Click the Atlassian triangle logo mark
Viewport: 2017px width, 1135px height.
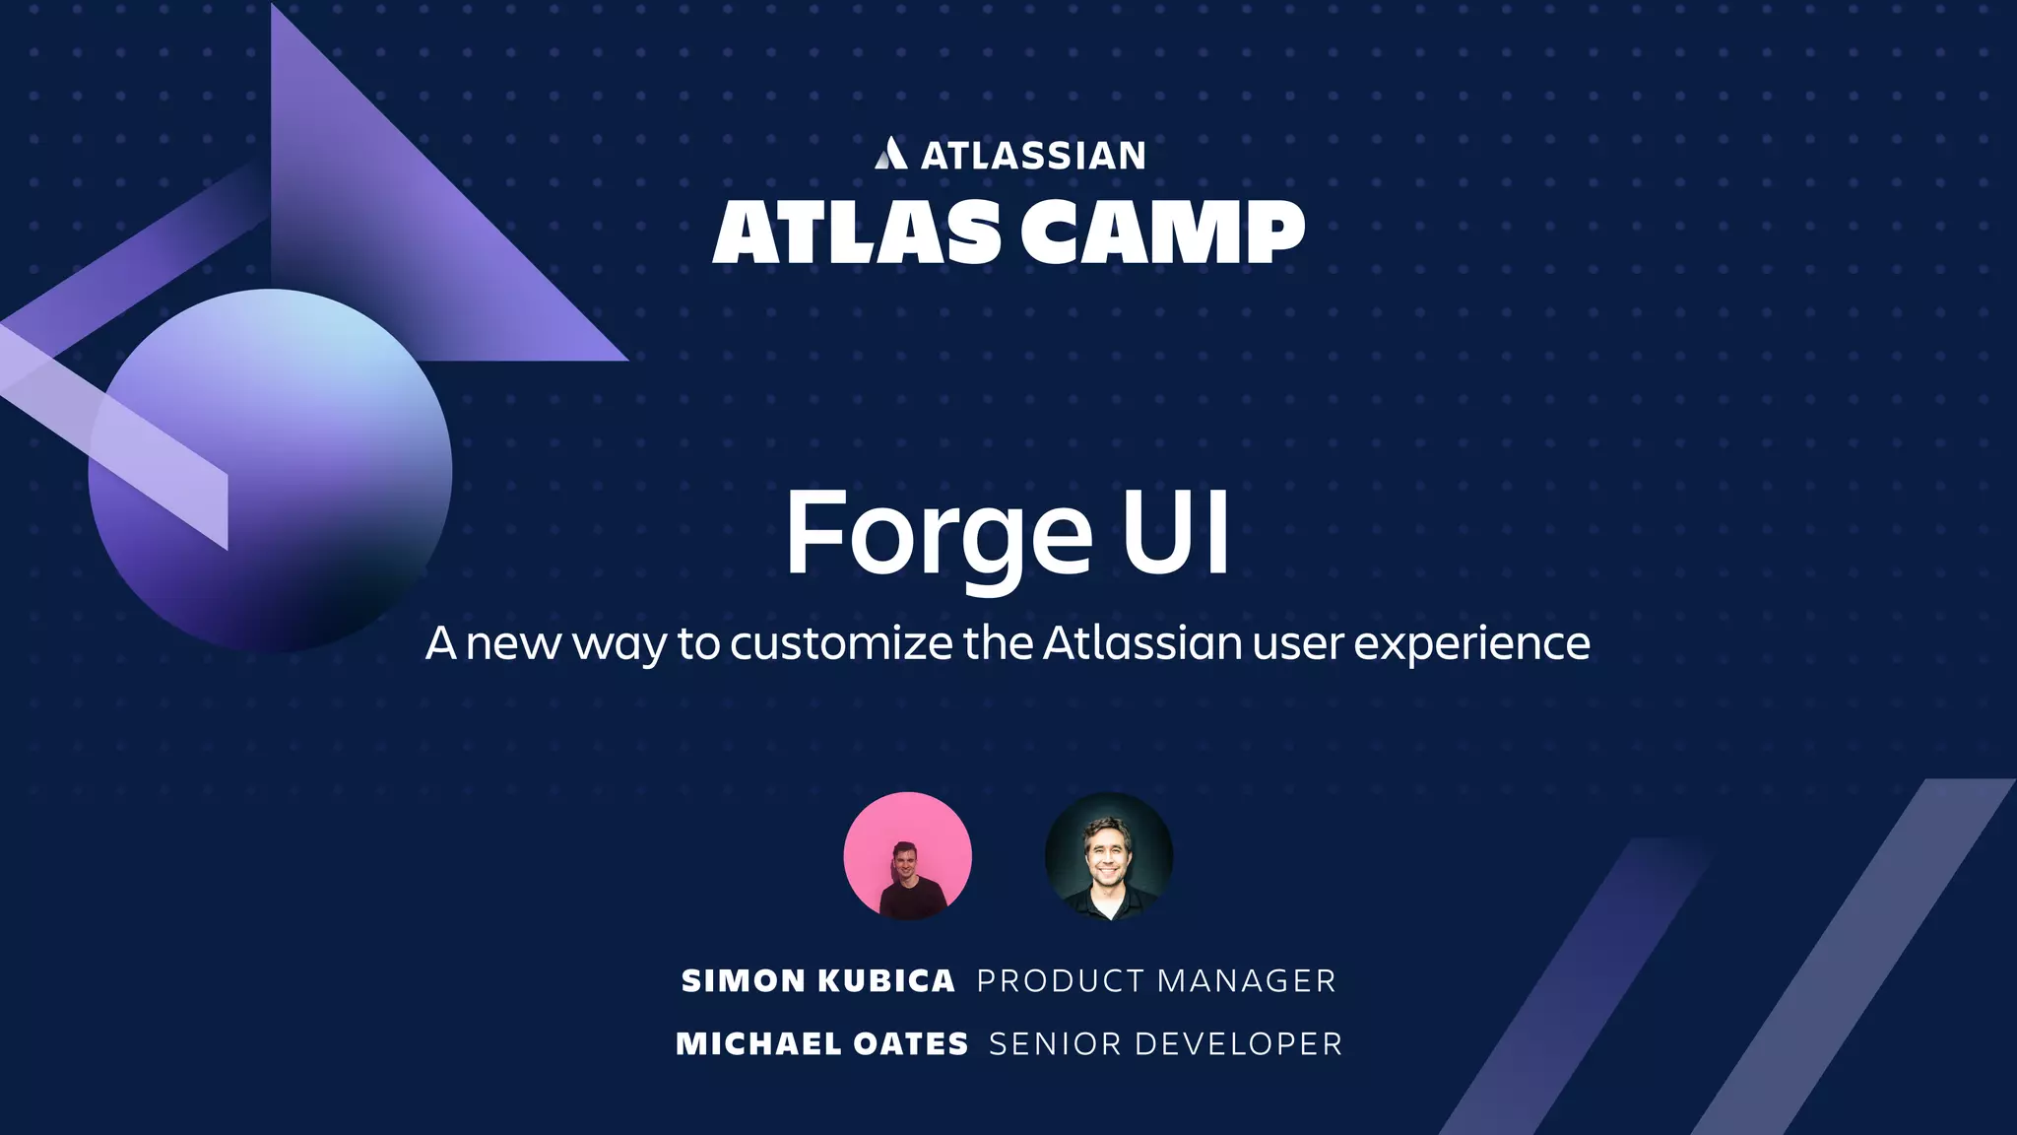tap(890, 154)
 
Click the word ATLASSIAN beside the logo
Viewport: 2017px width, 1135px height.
tap(1033, 156)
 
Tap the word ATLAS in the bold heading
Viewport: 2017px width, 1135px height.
tap(856, 233)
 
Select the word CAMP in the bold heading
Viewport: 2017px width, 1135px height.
tap(1162, 233)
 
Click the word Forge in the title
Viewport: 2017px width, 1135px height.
tap(938, 534)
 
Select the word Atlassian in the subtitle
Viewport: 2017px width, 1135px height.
tap(1141, 642)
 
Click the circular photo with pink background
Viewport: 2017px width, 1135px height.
tap(907, 856)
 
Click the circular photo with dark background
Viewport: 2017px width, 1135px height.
tap(1108, 856)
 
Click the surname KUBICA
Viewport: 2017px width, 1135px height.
tap(886, 981)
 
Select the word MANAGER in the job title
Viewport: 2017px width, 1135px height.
tap(1246, 981)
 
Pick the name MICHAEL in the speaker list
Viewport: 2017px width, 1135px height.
tap(758, 1044)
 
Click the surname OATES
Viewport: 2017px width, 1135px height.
tap(911, 1044)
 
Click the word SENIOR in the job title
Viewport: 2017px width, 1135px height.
tap(1054, 1044)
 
